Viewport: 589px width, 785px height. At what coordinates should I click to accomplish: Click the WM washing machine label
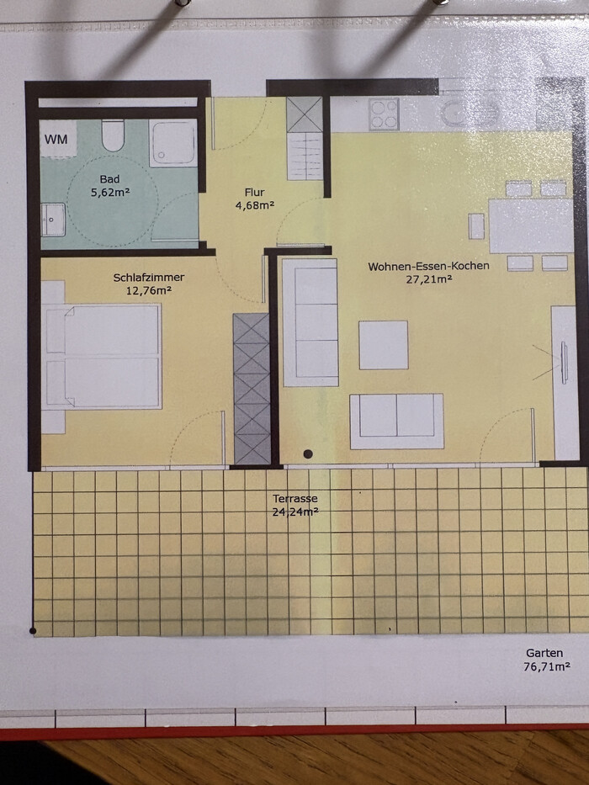pyautogui.click(x=56, y=139)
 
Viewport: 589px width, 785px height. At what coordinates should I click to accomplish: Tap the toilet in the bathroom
pyautogui.click(x=113, y=135)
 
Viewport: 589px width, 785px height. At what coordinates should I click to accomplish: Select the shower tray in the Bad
pyautogui.click(x=172, y=143)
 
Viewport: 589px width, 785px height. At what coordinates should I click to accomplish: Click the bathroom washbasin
pyautogui.click(x=53, y=220)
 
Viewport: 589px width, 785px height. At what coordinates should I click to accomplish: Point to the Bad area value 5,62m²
pyautogui.click(x=110, y=192)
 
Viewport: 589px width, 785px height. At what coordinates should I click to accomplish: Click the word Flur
pyautogui.click(x=254, y=192)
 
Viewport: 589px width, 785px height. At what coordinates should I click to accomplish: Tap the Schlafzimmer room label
pyautogui.click(x=149, y=278)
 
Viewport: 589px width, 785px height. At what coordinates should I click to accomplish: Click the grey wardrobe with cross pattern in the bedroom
pyautogui.click(x=252, y=389)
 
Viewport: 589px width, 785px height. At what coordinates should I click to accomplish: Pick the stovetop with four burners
pyautogui.click(x=385, y=114)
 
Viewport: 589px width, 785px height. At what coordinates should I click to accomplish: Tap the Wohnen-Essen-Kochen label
pyautogui.click(x=429, y=267)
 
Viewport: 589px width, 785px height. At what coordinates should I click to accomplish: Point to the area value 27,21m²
pyautogui.click(x=429, y=279)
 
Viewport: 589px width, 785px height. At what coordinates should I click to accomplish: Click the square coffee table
pyautogui.click(x=384, y=345)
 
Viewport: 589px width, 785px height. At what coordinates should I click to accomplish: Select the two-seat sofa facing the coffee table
pyautogui.click(x=396, y=421)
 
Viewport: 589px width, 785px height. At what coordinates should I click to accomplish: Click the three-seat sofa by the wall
pyautogui.click(x=310, y=322)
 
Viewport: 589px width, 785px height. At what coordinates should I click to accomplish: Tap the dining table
pyautogui.click(x=531, y=225)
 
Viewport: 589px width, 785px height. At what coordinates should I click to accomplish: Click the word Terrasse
pyautogui.click(x=295, y=499)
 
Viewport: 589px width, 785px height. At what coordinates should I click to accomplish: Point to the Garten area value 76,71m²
pyautogui.click(x=547, y=667)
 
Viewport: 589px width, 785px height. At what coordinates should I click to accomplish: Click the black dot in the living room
pyautogui.click(x=308, y=454)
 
